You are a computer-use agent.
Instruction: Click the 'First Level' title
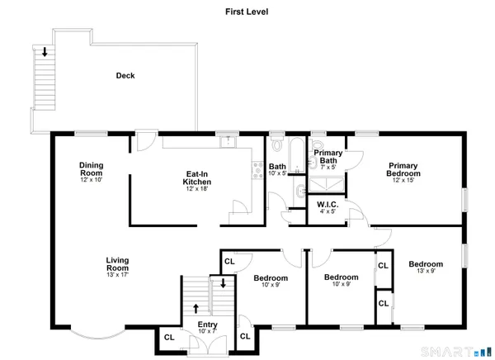click(x=247, y=12)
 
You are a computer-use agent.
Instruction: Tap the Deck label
click(x=125, y=75)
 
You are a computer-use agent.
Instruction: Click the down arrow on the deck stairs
click(x=45, y=52)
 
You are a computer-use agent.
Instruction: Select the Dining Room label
click(x=92, y=169)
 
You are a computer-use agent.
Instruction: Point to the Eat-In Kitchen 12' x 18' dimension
click(x=197, y=189)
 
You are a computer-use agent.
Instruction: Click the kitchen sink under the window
click(x=228, y=142)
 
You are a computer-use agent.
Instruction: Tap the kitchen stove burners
click(x=257, y=171)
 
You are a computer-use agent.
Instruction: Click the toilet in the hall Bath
click(x=277, y=144)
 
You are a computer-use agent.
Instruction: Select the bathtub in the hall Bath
click(x=297, y=155)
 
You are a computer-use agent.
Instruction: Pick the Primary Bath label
click(x=328, y=156)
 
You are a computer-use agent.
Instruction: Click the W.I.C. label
click(x=328, y=205)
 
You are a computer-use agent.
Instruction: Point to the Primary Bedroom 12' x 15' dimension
click(x=403, y=180)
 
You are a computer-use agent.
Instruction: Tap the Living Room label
click(x=117, y=264)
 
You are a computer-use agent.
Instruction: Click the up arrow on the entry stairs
click(x=196, y=309)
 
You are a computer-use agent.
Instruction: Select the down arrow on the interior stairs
click(x=224, y=283)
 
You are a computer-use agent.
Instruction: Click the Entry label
click(x=207, y=324)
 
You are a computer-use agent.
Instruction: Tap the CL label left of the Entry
click(x=169, y=338)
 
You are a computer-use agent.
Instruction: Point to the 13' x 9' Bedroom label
click(x=426, y=264)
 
